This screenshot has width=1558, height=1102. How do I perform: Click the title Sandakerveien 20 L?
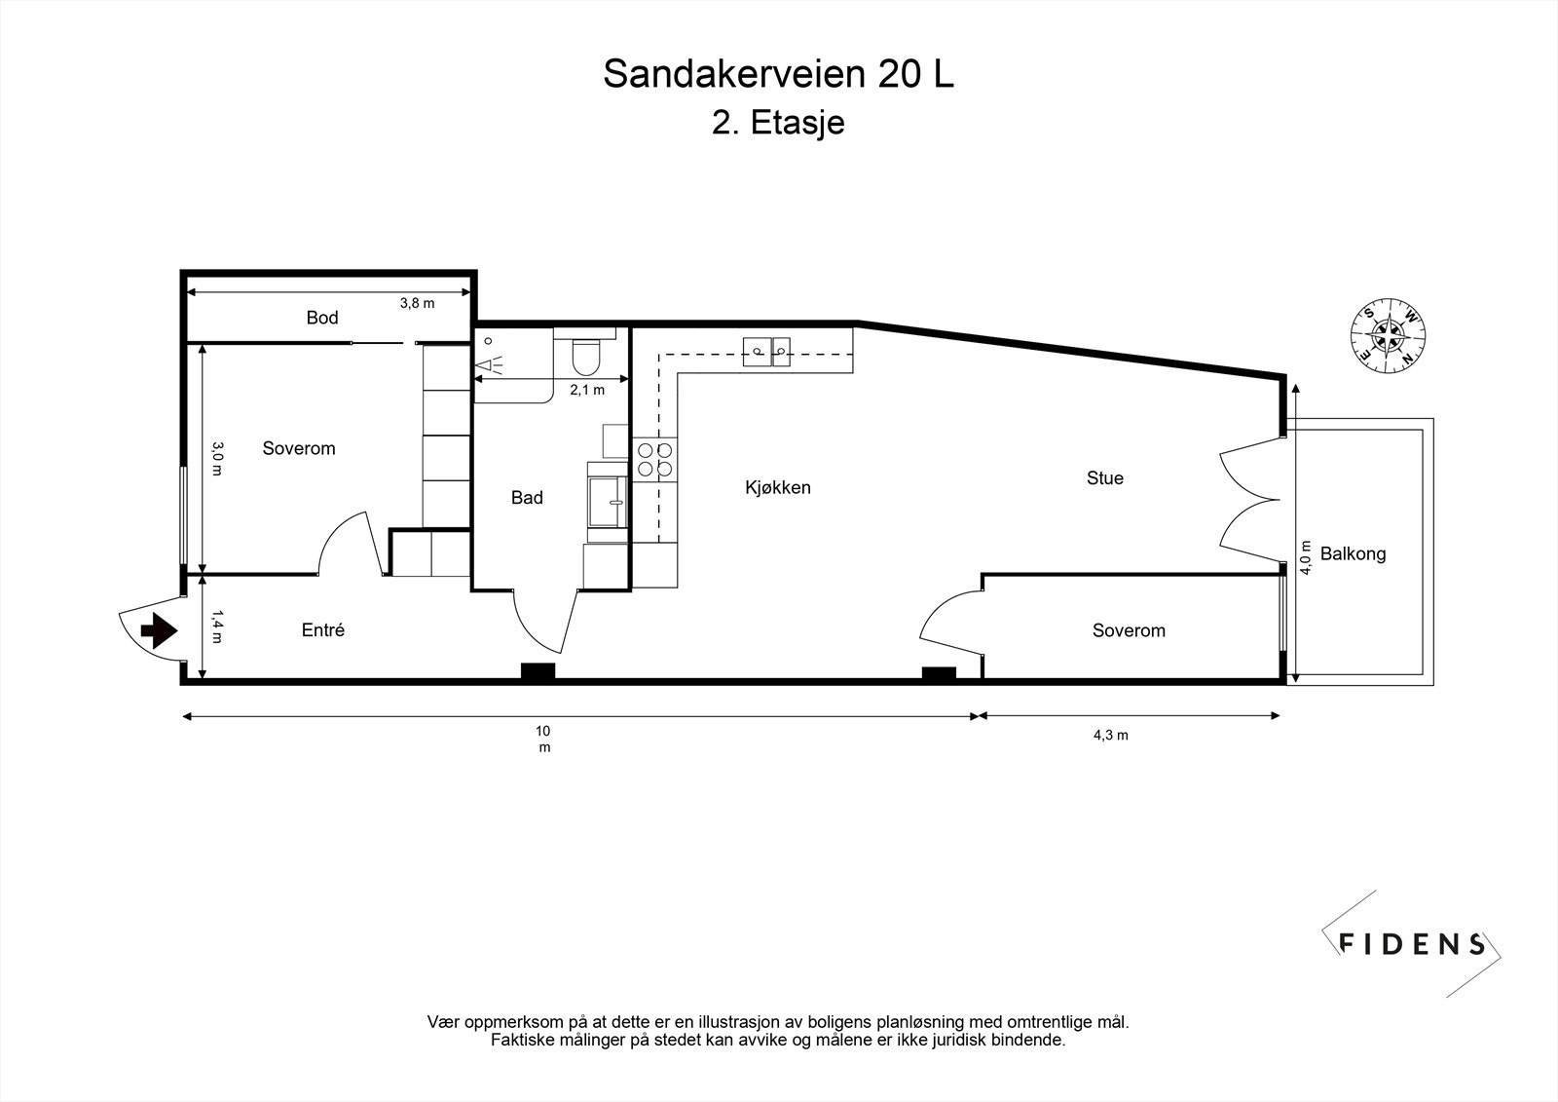(x=778, y=74)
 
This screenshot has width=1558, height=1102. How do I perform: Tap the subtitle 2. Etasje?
(x=778, y=124)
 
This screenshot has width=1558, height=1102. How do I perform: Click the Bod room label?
(x=322, y=318)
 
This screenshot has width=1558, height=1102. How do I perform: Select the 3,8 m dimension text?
(x=417, y=303)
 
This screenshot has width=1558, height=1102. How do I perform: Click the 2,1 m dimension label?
(x=587, y=390)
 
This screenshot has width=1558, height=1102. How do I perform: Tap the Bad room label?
(x=527, y=498)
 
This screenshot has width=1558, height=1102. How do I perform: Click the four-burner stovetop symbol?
(x=654, y=459)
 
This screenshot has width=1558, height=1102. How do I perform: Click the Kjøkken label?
(x=778, y=487)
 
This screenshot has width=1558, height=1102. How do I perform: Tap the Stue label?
(x=1104, y=477)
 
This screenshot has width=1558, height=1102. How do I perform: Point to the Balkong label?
(x=1353, y=554)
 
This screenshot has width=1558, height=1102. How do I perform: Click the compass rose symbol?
(x=1387, y=334)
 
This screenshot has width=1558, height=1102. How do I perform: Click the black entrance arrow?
(x=158, y=631)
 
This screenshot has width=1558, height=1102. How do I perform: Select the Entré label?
(x=323, y=630)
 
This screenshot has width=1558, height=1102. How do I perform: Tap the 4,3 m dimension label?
(x=1110, y=736)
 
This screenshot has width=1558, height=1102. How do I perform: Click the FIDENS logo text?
(x=1412, y=943)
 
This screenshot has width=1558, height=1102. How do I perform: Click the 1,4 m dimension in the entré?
(x=217, y=627)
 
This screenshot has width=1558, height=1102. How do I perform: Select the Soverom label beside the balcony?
(x=1129, y=630)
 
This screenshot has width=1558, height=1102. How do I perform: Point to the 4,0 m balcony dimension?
(x=1306, y=558)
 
